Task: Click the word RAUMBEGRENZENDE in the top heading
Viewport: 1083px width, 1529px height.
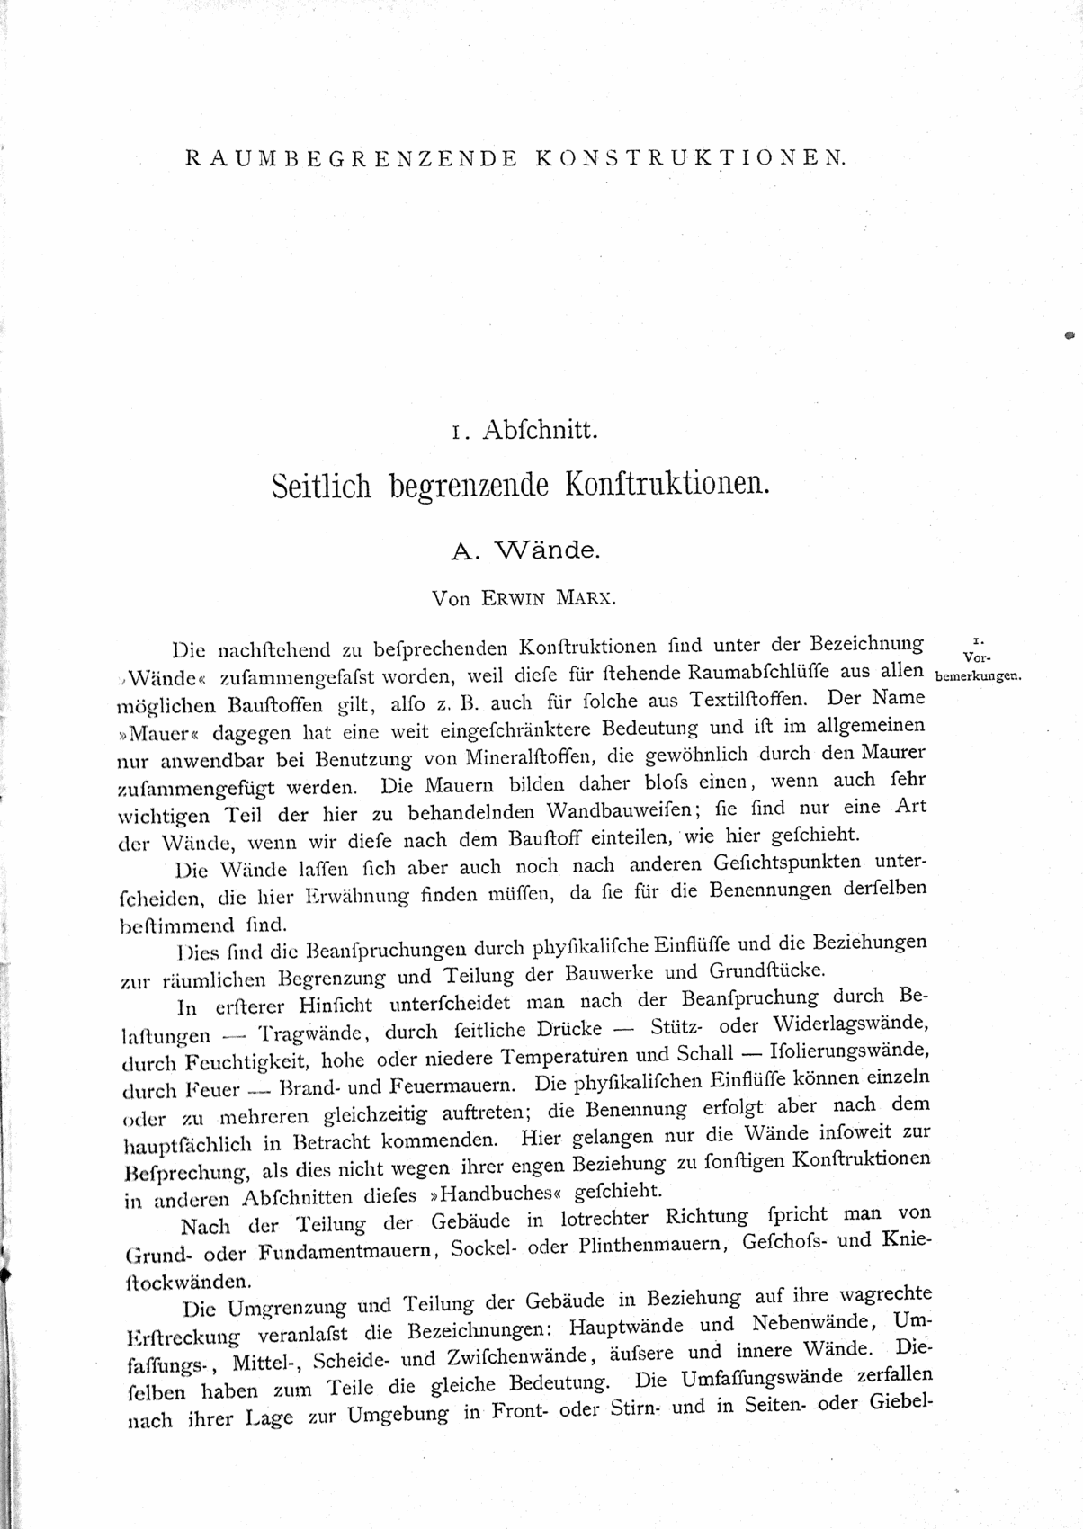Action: click(351, 158)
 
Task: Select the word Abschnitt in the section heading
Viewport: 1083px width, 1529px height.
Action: click(540, 431)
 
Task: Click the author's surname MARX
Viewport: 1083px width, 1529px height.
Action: click(595, 596)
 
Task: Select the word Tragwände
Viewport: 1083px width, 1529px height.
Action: click(309, 1033)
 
